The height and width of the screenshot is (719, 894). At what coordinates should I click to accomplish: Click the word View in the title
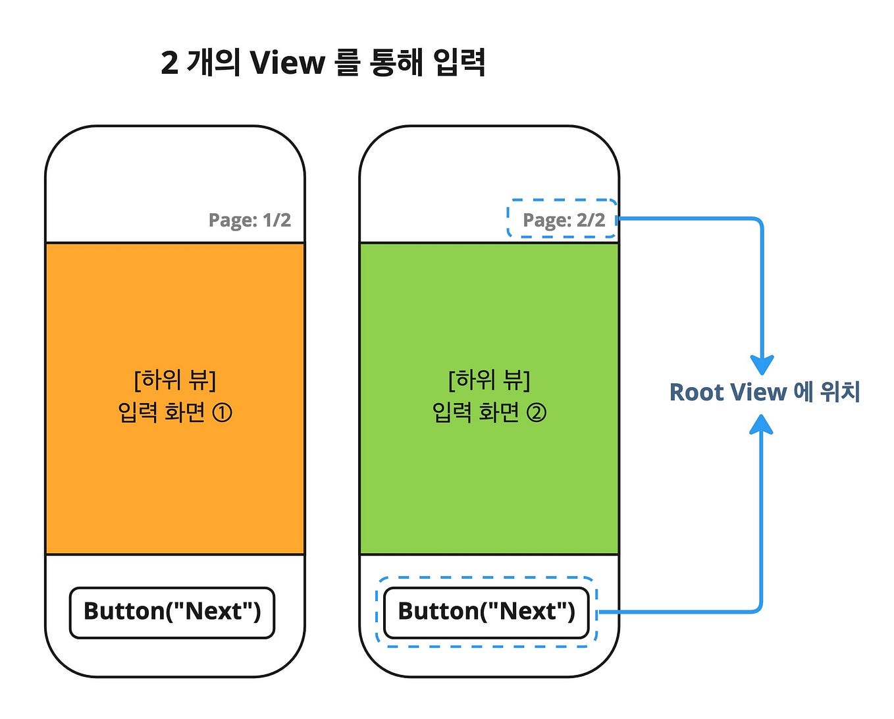tap(288, 63)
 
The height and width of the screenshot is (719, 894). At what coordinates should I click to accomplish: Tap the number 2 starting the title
tap(169, 64)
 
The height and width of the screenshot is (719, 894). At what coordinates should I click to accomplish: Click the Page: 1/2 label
tap(250, 220)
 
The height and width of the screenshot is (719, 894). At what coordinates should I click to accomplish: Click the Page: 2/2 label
tap(564, 220)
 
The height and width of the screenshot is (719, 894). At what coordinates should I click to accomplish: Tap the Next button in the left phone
tap(172, 612)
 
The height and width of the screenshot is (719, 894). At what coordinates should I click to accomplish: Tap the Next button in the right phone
tap(486, 612)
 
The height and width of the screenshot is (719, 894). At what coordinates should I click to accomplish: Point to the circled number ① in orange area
tap(222, 413)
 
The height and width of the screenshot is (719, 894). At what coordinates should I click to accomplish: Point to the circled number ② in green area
tap(536, 413)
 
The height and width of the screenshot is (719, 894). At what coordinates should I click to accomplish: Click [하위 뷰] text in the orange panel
tap(175, 380)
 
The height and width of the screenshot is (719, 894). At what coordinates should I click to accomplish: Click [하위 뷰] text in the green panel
tap(489, 380)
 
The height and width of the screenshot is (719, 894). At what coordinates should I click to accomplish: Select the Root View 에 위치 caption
tap(764, 392)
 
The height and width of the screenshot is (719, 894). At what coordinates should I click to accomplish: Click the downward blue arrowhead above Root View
tap(762, 364)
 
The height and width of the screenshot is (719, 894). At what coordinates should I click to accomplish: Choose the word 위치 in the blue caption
tap(841, 392)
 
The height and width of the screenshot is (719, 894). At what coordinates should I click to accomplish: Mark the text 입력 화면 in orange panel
tap(161, 413)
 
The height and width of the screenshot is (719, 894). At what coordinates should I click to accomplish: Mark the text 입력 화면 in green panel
tap(475, 413)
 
